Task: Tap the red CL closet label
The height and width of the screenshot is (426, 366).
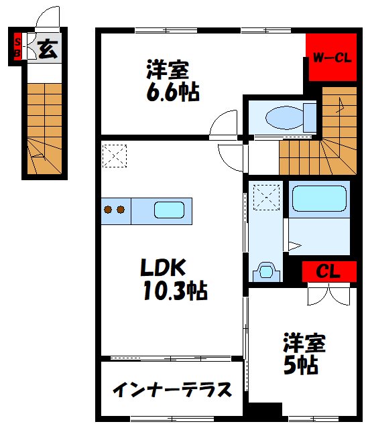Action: (x=328, y=272)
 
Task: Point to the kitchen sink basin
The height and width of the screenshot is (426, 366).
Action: (x=169, y=210)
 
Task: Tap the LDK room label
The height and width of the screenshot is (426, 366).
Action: (x=160, y=268)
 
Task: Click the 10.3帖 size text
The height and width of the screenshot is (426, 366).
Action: (x=174, y=291)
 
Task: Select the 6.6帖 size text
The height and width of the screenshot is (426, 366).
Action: (x=172, y=92)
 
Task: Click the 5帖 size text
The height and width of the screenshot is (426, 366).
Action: (x=300, y=365)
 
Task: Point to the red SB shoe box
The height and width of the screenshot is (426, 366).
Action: (x=17, y=46)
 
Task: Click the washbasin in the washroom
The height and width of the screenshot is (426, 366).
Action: (x=267, y=271)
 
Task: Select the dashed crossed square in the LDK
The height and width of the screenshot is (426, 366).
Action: (x=114, y=155)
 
